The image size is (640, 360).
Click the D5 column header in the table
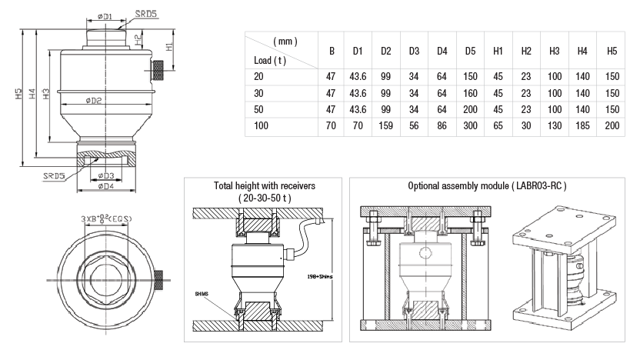click(x=470, y=52)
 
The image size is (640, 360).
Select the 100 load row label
click(x=261, y=125)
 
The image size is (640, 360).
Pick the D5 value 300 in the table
click(x=470, y=125)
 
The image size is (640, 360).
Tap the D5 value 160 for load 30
click(x=470, y=92)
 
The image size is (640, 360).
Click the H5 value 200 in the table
click(x=612, y=125)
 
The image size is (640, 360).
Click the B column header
click(x=332, y=52)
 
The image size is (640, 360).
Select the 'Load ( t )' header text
click(x=269, y=59)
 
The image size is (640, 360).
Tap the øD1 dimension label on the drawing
click(x=105, y=15)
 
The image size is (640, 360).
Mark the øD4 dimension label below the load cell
click(x=105, y=185)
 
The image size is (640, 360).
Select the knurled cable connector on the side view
click(x=160, y=71)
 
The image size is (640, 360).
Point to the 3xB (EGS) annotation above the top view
click(x=106, y=219)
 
